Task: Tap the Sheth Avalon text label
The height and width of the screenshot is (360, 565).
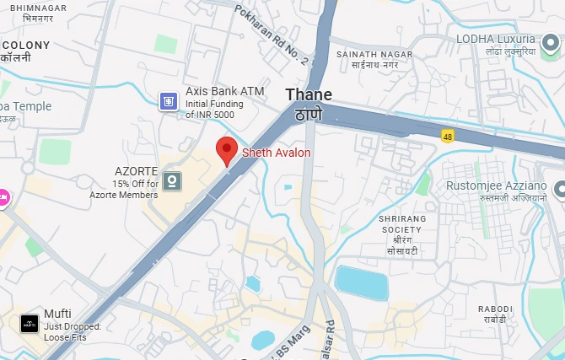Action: [277, 153]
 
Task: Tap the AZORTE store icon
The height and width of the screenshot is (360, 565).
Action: [172, 180]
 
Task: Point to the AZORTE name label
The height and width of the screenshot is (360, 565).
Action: [137, 170]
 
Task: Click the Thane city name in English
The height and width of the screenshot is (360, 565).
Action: [309, 94]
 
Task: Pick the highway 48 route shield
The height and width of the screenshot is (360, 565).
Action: [446, 134]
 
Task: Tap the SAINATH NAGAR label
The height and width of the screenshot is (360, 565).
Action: [374, 54]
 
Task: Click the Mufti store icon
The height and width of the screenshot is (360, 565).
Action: [30, 323]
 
